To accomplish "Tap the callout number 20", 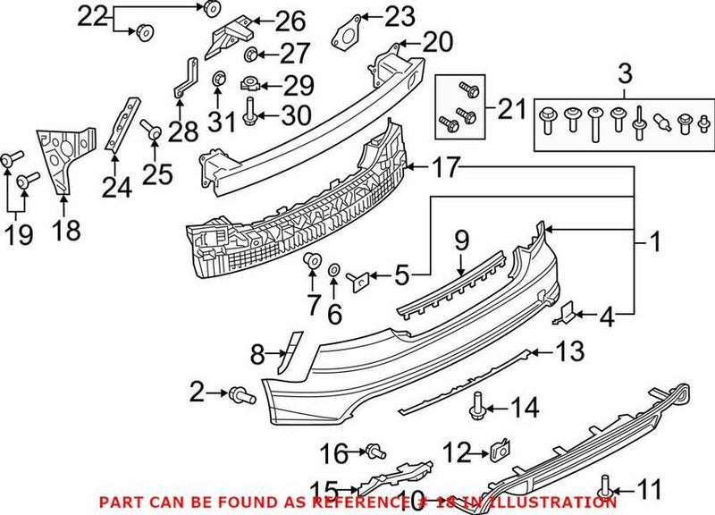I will click(438, 41).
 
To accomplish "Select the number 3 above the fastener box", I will click(624, 72).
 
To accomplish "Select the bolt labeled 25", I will click(152, 132).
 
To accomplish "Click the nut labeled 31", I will click(217, 84).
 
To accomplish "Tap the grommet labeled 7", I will click(313, 260).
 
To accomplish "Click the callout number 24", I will click(115, 187).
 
